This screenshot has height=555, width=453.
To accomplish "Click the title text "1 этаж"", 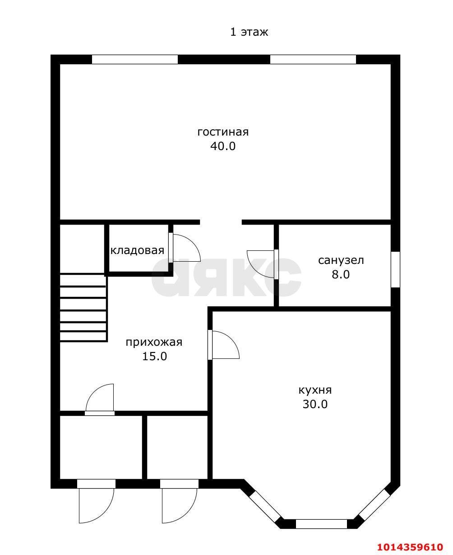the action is coord(249,32).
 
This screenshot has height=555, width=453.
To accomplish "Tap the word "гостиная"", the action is coord(223,132).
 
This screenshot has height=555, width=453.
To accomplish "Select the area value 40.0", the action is coord(223,146).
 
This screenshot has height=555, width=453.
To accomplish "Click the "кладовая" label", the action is coord(137,250).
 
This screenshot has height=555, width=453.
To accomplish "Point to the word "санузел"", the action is coord(341,260).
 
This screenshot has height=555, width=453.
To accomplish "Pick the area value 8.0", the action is coord(341,275).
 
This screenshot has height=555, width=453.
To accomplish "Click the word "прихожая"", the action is coord(154,343).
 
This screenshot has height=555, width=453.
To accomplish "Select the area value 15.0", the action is coord(154,356).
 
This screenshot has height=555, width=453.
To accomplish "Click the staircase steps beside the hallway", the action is coord(83,307).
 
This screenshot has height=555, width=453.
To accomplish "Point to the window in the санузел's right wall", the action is coord(395,269).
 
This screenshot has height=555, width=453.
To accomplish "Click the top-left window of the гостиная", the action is coord(135,59).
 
